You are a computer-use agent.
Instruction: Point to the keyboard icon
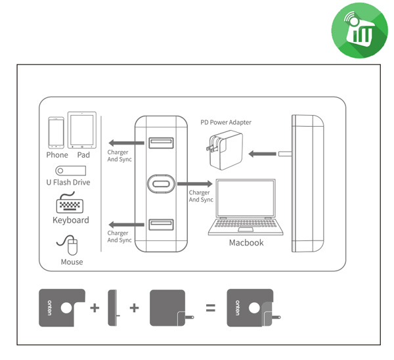(x=70, y=203)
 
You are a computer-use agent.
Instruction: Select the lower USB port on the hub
(x=161, y=225)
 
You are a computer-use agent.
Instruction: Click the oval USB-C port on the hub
(x=161, y=183)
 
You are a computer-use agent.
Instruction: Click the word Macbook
(x=246, y=243)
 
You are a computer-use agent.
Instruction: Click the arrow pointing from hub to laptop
(x=196, y=183)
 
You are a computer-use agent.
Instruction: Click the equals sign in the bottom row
(x=211, y=307)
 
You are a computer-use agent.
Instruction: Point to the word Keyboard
(x=70, y=220)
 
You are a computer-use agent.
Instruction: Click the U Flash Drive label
(x=68, y=183)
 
